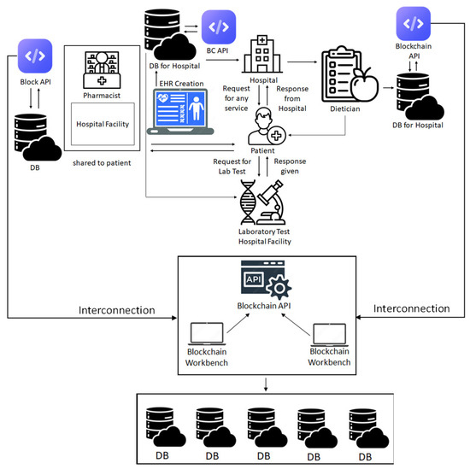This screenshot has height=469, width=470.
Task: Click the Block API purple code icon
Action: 35,56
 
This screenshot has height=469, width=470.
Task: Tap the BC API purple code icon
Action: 219,27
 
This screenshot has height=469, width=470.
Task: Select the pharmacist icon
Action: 102,70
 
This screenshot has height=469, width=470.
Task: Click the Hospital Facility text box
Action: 103,124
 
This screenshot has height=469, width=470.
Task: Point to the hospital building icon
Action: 262,54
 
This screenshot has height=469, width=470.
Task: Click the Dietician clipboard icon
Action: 342,74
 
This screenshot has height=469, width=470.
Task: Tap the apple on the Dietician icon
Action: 365,85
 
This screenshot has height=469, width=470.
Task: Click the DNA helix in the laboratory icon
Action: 248,202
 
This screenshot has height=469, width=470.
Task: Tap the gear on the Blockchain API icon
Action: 279,288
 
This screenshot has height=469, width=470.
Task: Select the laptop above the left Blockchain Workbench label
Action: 207,333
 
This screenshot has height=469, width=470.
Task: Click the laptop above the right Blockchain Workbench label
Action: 329,334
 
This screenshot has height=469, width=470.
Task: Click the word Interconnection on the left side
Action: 117,310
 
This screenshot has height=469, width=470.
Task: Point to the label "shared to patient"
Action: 102,163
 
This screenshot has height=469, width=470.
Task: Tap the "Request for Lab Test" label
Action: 232,167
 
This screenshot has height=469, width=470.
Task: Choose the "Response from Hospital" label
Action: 292,98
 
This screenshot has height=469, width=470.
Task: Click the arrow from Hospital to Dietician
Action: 303,62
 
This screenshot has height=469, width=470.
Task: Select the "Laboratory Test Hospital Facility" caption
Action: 264,237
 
